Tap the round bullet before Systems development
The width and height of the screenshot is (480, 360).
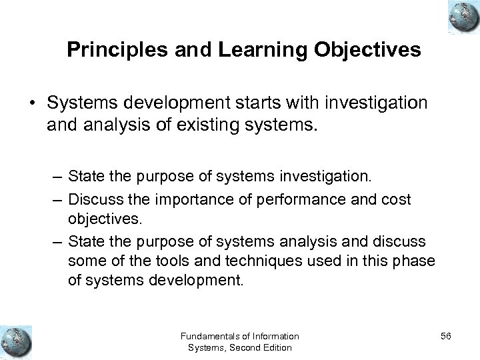[31, 102]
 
